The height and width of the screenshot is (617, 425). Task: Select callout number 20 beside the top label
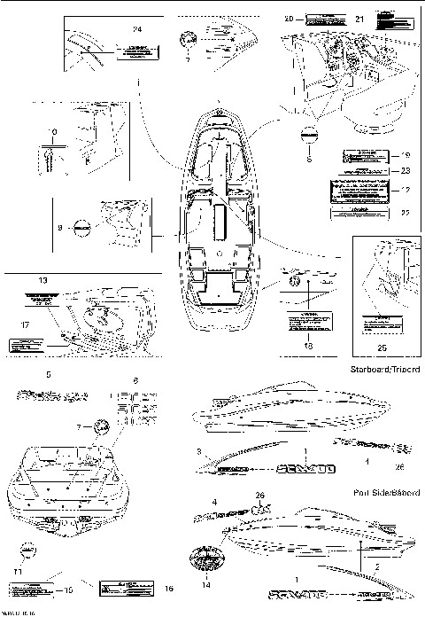(x=288, y=18)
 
